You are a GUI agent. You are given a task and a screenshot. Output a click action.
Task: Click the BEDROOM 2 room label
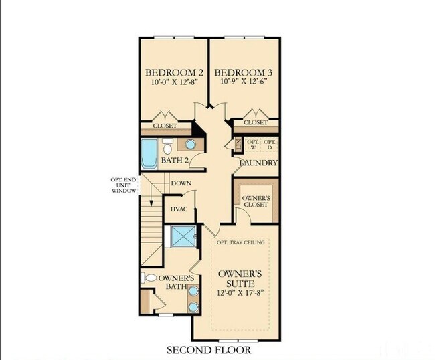[x=174, y=72]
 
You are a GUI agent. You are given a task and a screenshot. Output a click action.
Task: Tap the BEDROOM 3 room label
[x=243, y=72]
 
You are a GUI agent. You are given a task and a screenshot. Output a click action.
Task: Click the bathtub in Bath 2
[x=149, y=153]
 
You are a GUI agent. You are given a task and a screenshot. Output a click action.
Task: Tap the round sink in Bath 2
[x=190, y=144]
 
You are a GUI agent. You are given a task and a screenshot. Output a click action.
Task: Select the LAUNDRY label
[x=258, y=163]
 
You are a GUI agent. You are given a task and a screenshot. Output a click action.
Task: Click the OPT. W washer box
[x=253, y=145]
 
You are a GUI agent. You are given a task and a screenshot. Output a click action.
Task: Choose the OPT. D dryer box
[x=269, y=145]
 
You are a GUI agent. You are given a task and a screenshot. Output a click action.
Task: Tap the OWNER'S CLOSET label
[x=255, y=201]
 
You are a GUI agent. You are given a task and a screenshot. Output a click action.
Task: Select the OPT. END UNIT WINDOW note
[x=124, y=185]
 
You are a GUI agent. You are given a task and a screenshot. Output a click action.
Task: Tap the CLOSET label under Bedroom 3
[x=256, y=123]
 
